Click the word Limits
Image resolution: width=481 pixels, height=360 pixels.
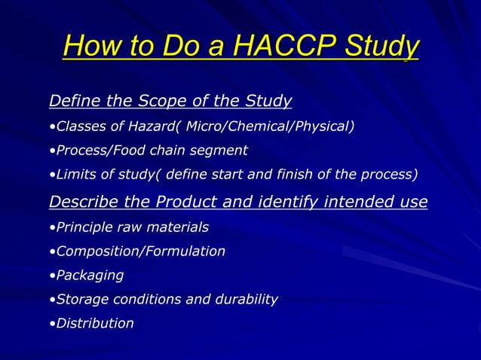click(x=73, y=175)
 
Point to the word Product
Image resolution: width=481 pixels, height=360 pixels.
click(x=182, y=202)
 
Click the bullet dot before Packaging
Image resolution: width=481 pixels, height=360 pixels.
click(x=51, y=276)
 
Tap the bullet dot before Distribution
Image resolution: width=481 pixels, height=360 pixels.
click(x=51, y=324)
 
